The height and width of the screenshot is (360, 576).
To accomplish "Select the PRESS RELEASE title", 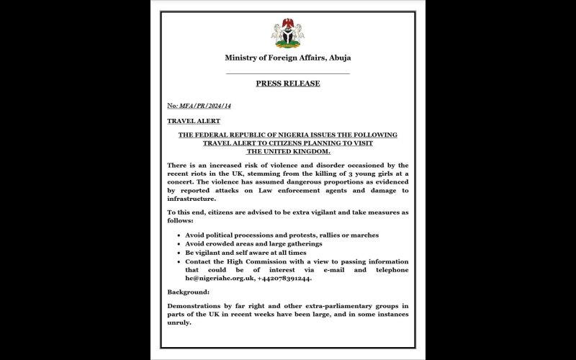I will [x=287, y=84].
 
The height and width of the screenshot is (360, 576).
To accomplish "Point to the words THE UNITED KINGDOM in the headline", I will [x=288, y=151].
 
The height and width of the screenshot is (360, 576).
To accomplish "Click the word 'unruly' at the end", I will [x=180, y=323].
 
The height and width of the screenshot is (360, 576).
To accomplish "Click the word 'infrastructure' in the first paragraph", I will [x=191, y=198].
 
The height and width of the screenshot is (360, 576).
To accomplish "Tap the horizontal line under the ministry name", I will [x=287, y=73].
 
